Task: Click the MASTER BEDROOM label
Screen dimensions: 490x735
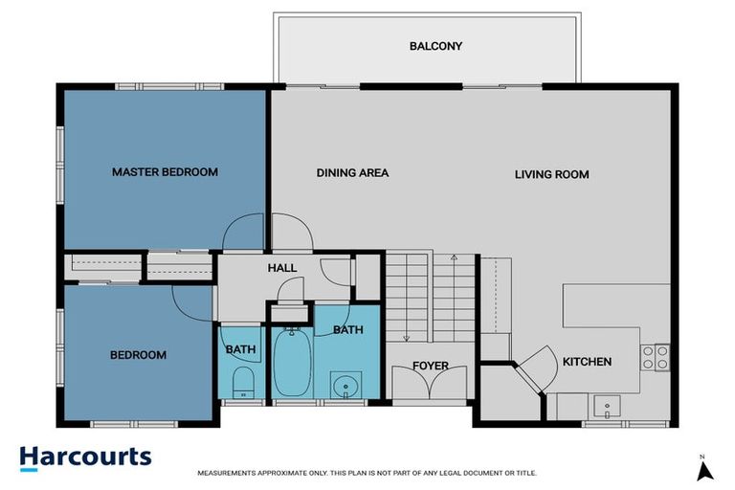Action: click(165, 172)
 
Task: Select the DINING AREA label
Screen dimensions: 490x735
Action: click(352, 173)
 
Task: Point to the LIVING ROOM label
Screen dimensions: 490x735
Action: click(551, 174)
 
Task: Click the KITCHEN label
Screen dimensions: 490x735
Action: click(586, 362)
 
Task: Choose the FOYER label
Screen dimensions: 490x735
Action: click(430, 366)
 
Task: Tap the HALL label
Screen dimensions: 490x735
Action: click(282, 269)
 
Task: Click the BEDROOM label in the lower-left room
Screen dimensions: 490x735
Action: click(138, 355)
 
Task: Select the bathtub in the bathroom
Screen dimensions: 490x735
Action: click(290, 364)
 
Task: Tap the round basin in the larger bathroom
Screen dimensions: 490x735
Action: click(345, 388)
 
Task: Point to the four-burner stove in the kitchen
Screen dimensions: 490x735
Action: click(655, 357)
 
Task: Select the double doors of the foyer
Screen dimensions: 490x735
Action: click(430, 387)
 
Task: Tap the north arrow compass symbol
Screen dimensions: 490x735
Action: click(704, 469)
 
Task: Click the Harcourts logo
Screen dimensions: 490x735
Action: click(85, 457)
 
